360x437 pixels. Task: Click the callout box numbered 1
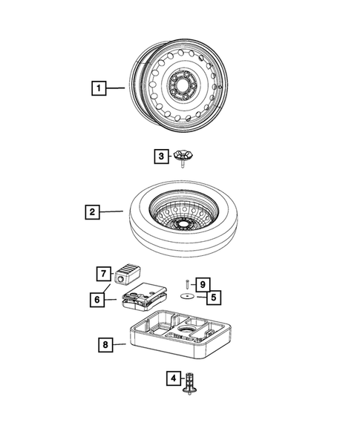coord(96,88)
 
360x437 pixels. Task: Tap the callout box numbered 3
coord(160,157)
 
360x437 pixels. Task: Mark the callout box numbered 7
coord(102,272)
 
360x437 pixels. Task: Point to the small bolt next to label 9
coord(189,283)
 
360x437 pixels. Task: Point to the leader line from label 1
coord(114,88)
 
